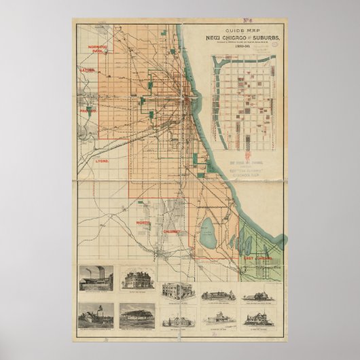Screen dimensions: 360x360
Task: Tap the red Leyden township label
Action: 88,70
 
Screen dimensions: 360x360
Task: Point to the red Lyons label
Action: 102,162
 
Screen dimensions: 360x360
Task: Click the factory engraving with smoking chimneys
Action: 96,278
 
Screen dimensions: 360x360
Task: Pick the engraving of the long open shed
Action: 137,314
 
